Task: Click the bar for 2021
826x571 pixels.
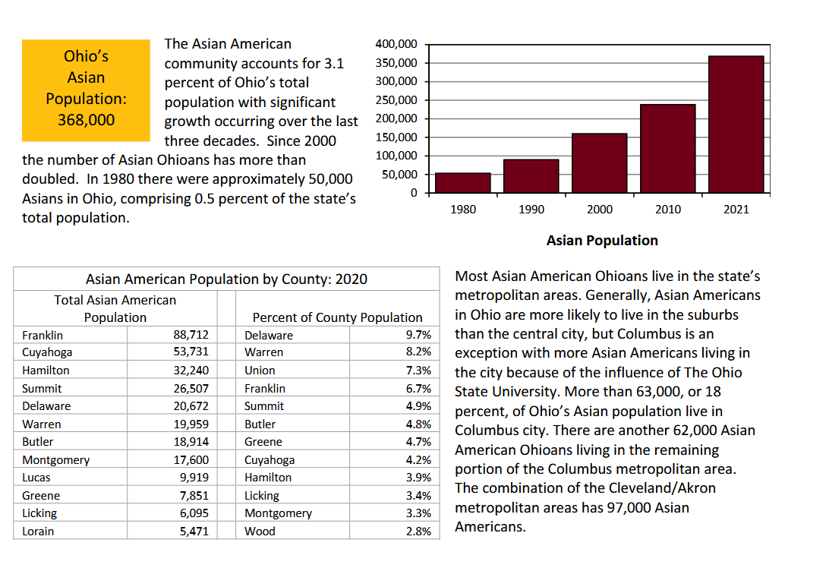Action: pyautogui.click(x=736, y=125)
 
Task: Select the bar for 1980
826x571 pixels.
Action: pyautogui.click(x=462, y=183)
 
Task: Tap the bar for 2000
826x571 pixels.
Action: pyautogui.click(x=600, y=163)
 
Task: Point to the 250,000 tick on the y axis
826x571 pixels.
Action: pyautogui.click(x=396, y=100)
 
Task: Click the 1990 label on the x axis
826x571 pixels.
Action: pyautogui.click(x=531, y=210)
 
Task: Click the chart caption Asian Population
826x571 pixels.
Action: pyautogui.click(x=602, y=241)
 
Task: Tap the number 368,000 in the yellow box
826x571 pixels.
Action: pyautogui.click(x=86, y=120)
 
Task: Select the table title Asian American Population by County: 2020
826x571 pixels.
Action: pyautogui.click(x=226, y=279)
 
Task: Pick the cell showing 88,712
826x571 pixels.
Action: pyautogui.click(x=191, y=335)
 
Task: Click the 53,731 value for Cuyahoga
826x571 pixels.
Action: pyautogui.click(x=191, y=352)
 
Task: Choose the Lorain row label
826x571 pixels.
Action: pyautogui.click(x=38, y=531)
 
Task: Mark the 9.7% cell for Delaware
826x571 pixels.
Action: pyautogui.click(x=418, y=335)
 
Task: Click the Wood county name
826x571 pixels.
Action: pyautogui.click(x=260, y=531)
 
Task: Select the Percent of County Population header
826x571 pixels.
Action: pyautogui.click(x=337, y=317)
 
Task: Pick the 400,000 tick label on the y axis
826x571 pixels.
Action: pyautogui.click(x=396, y=44)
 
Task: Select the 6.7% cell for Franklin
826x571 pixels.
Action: pyautogui.click(x=418, y=389)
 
